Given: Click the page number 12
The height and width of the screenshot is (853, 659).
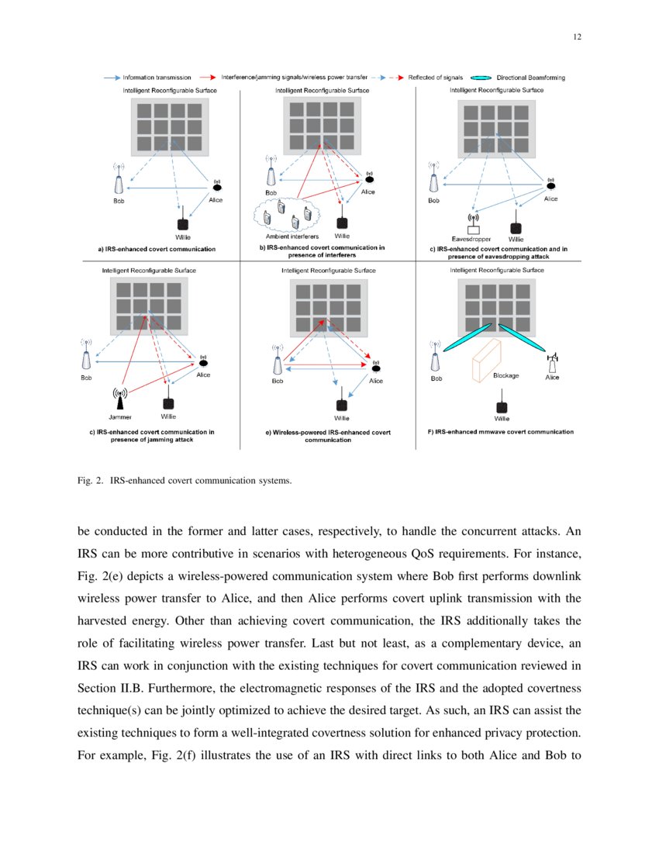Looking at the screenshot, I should click(x=578, y=36).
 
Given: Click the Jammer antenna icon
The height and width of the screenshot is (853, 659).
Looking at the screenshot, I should click(x=119, y=398).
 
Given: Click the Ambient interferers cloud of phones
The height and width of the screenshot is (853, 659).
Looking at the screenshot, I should click(x=287, y=215).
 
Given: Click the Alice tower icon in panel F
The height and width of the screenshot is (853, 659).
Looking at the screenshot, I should click(x=553, y=363).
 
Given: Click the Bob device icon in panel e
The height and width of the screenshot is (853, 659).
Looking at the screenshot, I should click(x=277, y=364).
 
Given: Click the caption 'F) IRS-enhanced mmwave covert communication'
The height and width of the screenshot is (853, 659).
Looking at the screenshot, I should click(x=501, y=431).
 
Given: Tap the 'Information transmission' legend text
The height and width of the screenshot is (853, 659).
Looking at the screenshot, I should click(x=157, y=78).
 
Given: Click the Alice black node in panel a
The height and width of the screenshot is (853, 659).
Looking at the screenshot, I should click(x=217, y=187).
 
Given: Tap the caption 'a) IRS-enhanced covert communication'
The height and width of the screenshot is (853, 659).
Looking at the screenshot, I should click(x=157, y=249).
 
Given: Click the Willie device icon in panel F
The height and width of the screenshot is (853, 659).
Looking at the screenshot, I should click(x=502, y=406).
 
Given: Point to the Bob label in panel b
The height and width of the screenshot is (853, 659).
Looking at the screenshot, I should click(x=271, y=192).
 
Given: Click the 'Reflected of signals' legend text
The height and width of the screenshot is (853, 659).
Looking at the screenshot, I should click(x=436, y=78).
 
